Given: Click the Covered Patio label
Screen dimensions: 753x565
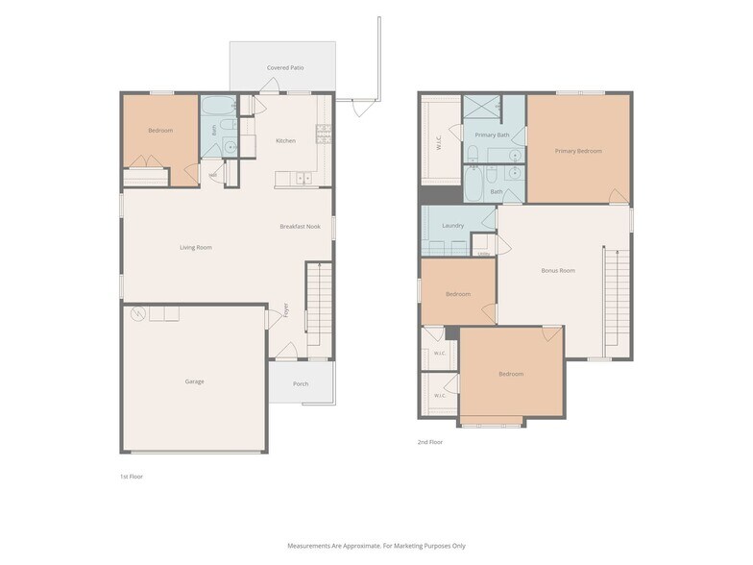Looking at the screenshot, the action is (285, 67).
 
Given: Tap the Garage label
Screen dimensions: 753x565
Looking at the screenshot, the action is (194, 381).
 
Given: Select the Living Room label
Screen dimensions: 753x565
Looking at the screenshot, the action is (196, 248).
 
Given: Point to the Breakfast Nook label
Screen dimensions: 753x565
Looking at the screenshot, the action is (300, 227).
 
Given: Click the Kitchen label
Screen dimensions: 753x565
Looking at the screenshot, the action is (286, 140).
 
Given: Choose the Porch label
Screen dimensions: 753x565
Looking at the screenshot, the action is (301, 384).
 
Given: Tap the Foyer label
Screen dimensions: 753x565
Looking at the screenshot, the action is (286, 309).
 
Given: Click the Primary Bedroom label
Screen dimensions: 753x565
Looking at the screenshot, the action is (578, 151).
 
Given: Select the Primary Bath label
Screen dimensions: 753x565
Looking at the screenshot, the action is (492, 135).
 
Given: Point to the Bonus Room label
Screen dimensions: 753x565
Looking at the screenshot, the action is (558, 271).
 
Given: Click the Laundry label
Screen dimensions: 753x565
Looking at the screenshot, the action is (453, 225).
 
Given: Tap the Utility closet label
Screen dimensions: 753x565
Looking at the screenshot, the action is (484, 254).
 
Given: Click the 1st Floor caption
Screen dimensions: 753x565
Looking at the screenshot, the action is (132, 477).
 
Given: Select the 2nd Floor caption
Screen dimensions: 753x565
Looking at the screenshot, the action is (430, 442).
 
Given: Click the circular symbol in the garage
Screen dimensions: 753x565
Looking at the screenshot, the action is (138, 314).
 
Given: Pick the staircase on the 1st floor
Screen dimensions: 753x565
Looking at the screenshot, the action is (319, 304).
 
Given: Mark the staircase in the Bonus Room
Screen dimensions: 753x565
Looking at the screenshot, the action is (617, 297).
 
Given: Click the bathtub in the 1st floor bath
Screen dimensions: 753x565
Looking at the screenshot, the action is (219, 105).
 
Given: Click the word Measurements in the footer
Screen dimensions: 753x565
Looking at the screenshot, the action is (310, 546).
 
